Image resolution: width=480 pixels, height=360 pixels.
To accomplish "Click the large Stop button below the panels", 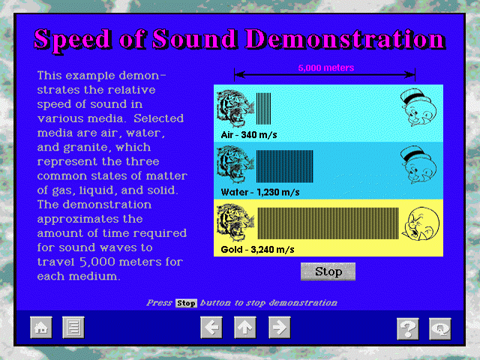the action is click(x=328, y=271).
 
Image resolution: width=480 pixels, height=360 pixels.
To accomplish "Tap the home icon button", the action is click(x=41, y=328).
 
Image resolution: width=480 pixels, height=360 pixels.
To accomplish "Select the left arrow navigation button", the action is click(x=211, y=328).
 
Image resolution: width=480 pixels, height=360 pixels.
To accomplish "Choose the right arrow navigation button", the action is click(x=280, y=328).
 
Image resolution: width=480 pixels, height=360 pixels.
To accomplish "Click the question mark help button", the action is click(x=408, y=329).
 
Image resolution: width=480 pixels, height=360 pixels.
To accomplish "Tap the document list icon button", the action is click(x=73, y=328).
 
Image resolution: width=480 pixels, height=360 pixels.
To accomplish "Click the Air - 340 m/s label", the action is click(x=249, y=135).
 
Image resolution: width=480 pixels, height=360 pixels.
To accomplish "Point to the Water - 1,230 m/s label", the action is click(x=260, y=192).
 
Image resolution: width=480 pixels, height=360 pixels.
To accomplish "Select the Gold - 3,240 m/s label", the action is click(x=257, y=250).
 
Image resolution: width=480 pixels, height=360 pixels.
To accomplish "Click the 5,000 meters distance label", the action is click(x=326, y=67).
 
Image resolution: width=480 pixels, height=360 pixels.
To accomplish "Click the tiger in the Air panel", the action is click(x=235, y=108).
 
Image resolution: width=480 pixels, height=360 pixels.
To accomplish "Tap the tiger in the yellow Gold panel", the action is click(x=235, y=223).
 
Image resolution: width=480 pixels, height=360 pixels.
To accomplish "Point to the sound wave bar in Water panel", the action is click(x=285, y=166).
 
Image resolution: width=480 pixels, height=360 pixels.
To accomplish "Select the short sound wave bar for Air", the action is click(x=263, y=109).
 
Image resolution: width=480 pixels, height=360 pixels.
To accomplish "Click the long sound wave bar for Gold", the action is click(x=328, y=223).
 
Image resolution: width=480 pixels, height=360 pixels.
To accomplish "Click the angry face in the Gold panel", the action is click(x=421, y=223).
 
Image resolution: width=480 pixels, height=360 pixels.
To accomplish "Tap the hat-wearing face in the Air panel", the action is click(x=418, y=108).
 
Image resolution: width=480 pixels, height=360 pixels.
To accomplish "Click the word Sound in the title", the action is click(x=194, y=39).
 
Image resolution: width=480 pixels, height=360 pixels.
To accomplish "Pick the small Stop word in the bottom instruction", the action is click(x=186, y=303).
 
